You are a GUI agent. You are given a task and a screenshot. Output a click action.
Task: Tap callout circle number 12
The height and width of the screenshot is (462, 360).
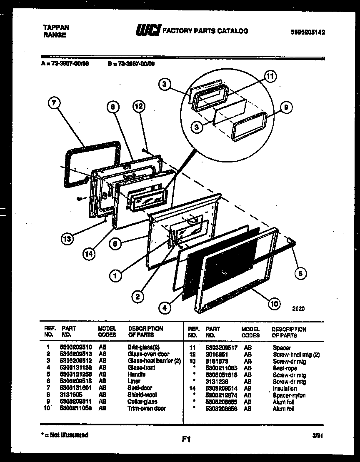(139, 107)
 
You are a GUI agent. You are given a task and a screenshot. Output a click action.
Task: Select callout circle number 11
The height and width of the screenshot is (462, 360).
(270, 77)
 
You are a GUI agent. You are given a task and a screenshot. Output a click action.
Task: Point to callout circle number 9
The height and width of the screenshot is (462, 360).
(285, 108)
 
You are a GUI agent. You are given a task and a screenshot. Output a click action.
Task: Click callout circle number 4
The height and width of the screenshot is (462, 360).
(165, 308)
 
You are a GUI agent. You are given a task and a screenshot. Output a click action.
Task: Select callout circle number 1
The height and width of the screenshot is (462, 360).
(117, 275)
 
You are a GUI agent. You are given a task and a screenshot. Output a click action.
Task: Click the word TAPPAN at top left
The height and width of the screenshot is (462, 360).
(56, 27)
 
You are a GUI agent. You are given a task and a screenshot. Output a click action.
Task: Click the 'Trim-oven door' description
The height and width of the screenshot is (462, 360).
(146, 409)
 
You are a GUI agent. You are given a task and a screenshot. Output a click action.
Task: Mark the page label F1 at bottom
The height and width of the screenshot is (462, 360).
(186, 438)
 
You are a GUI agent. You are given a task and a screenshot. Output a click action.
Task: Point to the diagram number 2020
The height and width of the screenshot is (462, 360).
(298, 309)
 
